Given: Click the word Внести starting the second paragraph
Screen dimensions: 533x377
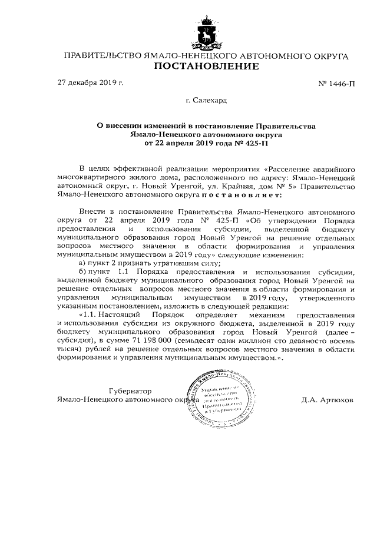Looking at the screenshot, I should click(x=91, y=210).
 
